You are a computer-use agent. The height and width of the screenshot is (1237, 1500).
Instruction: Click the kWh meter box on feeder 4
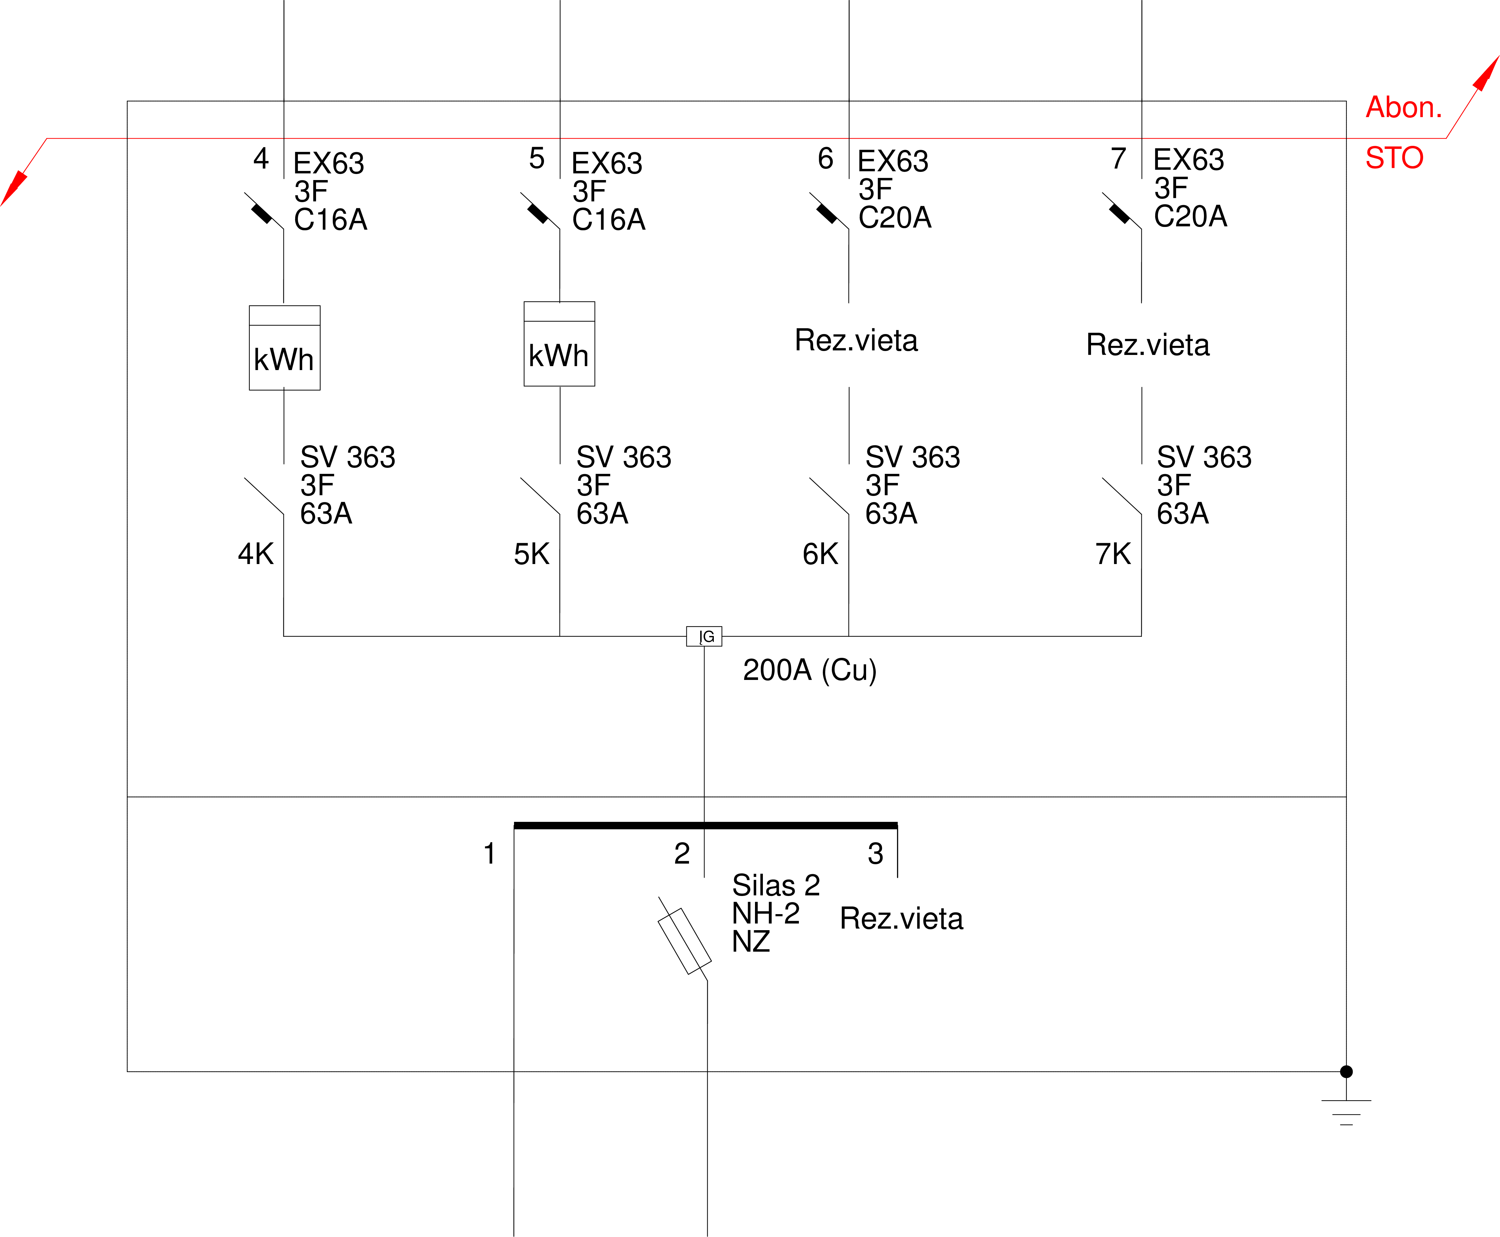285,348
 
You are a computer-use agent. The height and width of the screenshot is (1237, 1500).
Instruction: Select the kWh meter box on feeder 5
559,343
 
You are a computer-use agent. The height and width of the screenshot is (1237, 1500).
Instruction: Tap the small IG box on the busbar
704,636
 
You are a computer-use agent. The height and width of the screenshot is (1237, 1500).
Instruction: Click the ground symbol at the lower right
1346,1112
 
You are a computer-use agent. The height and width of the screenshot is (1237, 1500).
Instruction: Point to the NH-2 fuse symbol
684,940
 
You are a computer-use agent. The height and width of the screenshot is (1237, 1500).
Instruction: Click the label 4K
255,554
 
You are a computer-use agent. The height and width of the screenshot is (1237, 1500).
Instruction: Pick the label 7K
1113,554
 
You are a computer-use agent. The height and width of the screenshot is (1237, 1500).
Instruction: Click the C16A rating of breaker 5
608,219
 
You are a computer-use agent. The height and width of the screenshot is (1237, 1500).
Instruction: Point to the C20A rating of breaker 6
895,217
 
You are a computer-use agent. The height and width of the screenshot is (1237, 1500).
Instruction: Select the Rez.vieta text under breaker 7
1148,345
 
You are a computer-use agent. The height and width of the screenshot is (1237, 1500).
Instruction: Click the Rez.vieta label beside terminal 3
901,918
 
